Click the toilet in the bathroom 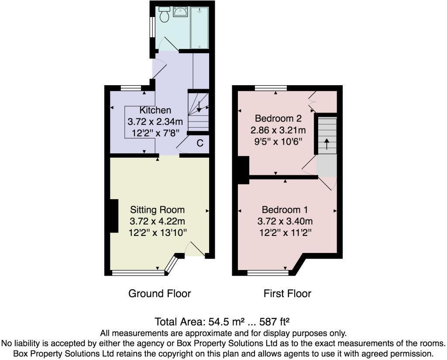pos(165,15)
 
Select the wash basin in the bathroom pos(180,12)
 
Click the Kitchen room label pos(155,110)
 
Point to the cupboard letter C pos(199,143)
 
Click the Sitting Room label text pos(157,210)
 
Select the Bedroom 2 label pos(278,118)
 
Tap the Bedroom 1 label pos(287,210)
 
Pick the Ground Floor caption pos(159,293)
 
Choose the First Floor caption pos(287,293)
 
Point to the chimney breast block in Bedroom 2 pos(242,170)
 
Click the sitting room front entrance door pos(195,250)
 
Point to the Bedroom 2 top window pos(271,88)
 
